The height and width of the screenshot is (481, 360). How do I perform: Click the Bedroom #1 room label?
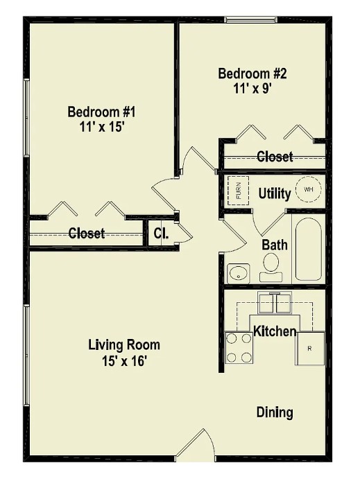point(96,112)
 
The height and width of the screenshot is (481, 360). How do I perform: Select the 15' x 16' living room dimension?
point(124,360)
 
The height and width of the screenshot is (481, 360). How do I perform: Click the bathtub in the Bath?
point(308,250)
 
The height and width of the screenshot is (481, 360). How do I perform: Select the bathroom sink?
point(238,272)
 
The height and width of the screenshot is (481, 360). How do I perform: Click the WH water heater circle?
point(309,189)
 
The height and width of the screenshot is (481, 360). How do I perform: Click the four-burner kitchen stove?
point(239,348)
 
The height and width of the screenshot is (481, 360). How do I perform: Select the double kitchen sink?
point(275,303)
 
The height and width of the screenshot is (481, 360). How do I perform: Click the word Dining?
point(275,412)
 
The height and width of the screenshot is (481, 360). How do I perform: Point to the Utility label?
point(275,193)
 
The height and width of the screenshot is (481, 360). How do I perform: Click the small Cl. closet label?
point(161,233)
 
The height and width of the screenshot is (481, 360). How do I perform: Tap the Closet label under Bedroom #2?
point(275,157)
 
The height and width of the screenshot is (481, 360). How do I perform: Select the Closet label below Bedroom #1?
point(87,234)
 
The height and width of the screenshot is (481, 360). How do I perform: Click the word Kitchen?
point(275,332)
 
